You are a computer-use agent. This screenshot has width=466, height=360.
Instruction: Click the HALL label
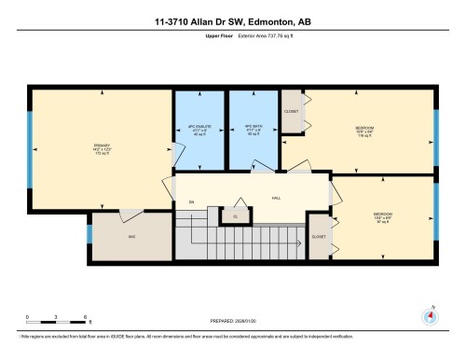click(276, 199)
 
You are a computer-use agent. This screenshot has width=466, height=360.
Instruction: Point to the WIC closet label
click(132, 237)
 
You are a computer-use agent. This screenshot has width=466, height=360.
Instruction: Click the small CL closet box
click(235, 216)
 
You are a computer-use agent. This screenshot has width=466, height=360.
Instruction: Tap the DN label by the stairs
click(191, 202)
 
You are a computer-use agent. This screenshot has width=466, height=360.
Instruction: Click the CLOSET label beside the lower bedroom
click(319, 237)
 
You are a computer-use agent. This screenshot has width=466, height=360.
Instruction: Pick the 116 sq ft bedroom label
click(365, 132)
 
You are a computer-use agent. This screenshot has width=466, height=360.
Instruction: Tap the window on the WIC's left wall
click(89, 233)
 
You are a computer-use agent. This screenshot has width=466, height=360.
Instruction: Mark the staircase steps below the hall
click(252, 242)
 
